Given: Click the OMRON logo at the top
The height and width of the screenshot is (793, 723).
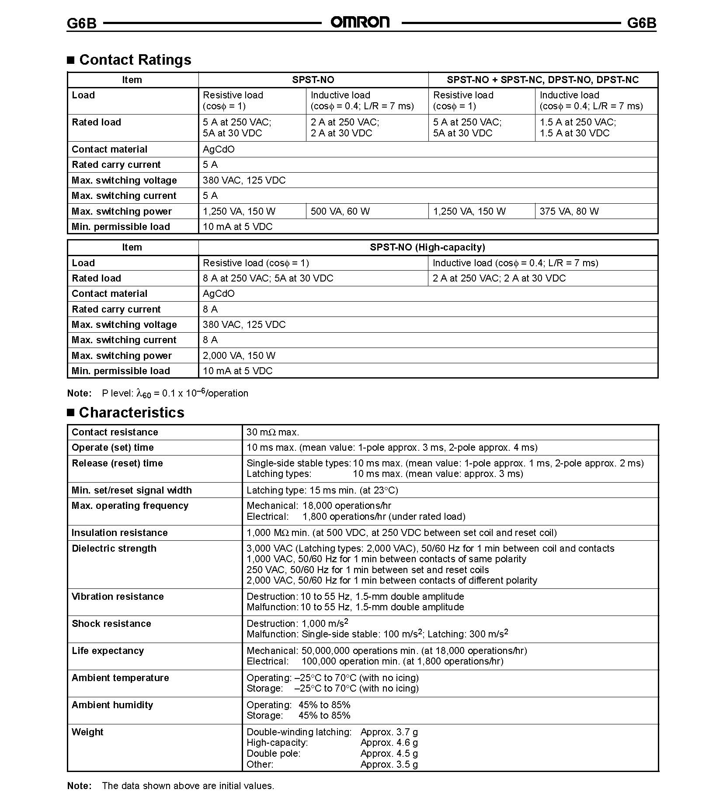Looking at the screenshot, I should [x=360, y=22].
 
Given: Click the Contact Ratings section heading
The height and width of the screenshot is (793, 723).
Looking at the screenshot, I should [x=135, y=59].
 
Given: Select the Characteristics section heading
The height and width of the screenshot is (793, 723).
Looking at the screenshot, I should [x=131, y=412].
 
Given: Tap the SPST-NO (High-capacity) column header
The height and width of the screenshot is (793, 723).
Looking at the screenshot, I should [x=427, y=247].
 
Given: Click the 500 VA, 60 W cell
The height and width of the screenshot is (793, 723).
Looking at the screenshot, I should [x=340, y=212].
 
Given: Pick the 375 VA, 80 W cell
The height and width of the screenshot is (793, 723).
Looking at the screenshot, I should [x=569, y=212].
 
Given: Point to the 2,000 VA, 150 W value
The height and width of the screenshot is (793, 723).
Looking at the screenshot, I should [x=239, y=355].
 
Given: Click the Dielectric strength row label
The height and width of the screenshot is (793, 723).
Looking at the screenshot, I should [x=114, y=548].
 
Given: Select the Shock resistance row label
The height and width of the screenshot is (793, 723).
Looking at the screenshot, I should [x=111, y=623].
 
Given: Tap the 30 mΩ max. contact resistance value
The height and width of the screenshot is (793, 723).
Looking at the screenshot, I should [x=273, y=432].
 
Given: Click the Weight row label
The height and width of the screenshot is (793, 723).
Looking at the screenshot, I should [x=87, y=732].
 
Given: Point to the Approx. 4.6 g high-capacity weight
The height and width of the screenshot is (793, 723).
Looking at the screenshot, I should [x=389, y=742].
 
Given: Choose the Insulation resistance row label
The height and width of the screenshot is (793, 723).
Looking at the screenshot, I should [x=119, y=532].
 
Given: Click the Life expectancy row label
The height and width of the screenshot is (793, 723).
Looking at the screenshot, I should [x=108, y=650].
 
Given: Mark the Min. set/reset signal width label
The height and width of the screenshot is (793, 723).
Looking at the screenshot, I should [x=132, y=490].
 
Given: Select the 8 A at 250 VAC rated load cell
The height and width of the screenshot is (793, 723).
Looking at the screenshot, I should [x=268, y=278].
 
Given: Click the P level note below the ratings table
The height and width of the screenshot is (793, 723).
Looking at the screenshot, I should [x=175, y=393].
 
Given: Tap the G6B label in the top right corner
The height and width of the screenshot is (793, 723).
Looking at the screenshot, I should [x=641, y=23].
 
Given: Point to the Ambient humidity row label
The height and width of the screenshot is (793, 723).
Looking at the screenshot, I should [x=112, y=705].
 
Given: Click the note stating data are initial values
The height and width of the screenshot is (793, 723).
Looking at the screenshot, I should [x=188, y=785].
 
